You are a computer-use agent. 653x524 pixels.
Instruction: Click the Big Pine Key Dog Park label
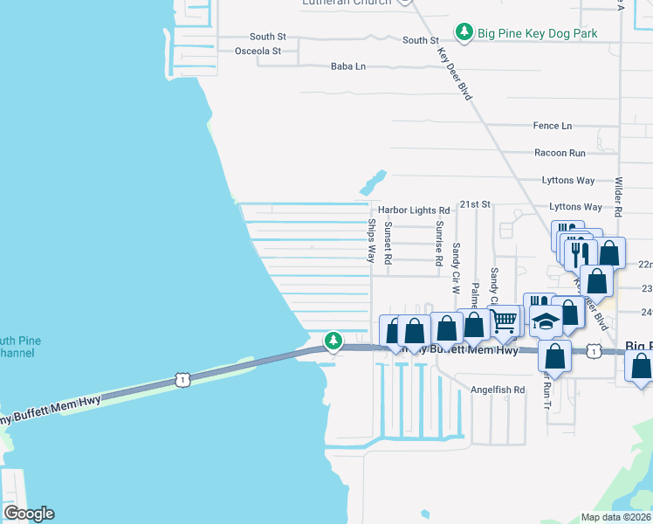point(537,33)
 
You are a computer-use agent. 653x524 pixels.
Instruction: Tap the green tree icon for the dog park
point(464,33)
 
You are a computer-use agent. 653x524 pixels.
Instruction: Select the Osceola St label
point(258,52)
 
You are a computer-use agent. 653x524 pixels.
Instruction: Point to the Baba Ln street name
point(347,66)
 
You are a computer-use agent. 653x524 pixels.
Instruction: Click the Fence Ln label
point(552,126)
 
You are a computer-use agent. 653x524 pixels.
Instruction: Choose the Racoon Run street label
point(560,153)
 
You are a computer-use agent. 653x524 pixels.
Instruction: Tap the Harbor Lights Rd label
point(413,210)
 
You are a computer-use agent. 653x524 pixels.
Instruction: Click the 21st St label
point(477,203)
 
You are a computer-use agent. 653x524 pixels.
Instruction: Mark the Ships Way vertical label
point(371,241)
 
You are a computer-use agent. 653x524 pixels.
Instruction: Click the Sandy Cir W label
point(456,267)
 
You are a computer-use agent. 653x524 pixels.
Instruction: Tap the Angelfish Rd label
point(498,390)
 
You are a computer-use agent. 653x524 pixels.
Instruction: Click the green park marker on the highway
point(333,340)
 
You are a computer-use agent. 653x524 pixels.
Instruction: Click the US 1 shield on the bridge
point(182,379)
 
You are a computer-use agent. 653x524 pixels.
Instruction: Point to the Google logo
point(28,514)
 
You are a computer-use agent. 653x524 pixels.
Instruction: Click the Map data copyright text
point(615,517)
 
